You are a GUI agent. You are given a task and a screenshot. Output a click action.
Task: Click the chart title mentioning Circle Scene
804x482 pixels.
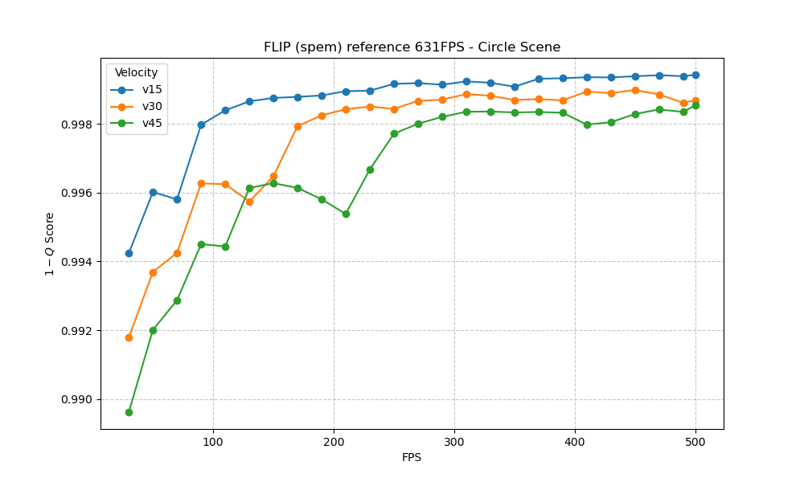(x=412, y=47)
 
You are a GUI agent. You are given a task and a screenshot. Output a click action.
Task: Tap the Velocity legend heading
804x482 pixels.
(x=136, y=73)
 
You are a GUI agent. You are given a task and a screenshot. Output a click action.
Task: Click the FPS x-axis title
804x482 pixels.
(x=412, y=458)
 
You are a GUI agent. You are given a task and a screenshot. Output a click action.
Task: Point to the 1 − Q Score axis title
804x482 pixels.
(x=50, y=244)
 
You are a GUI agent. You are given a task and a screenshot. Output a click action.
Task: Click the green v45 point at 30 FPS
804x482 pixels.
(x=129, y=412)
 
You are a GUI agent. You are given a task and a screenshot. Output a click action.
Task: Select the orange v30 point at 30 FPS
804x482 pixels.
(x=129, y=337)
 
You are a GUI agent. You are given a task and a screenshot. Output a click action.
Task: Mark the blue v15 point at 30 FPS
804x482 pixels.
(x=129, y=253)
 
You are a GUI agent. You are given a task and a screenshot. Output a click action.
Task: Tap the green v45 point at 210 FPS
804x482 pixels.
(x=346, y=214)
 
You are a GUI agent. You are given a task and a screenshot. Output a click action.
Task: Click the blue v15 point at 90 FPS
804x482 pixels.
(x=201, y=125)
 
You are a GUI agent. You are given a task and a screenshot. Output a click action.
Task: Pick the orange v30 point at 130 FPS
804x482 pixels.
(x=249, y=202)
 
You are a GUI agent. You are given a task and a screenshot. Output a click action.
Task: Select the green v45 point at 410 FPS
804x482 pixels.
(x=587, y=125)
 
